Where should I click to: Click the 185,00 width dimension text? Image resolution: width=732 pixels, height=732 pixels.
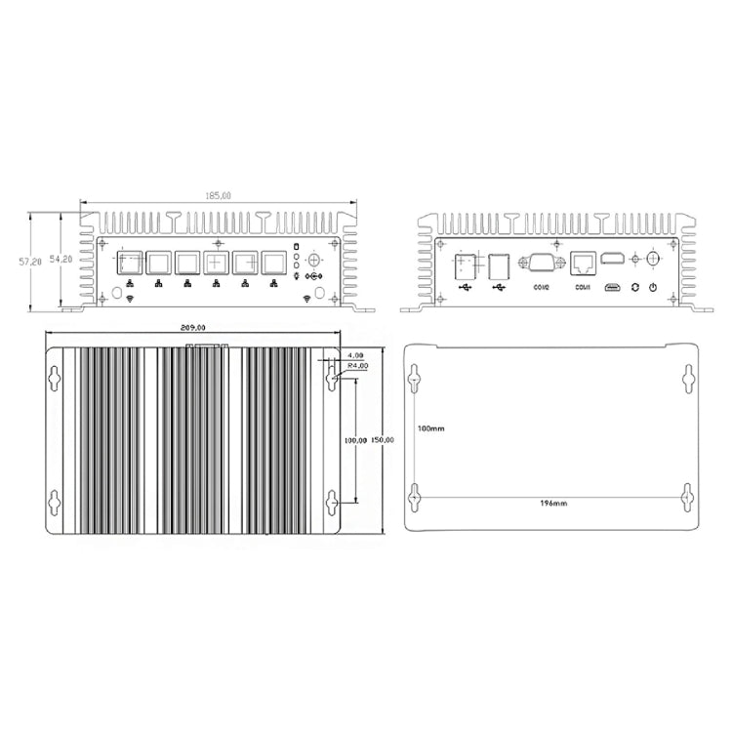pyautogui.click(x=218, y=197)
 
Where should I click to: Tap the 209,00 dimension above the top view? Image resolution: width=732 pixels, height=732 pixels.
pyautogui.click(x=194, y=328)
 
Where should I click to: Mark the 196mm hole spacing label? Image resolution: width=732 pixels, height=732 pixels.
pyautogui.click(x=551, y=504)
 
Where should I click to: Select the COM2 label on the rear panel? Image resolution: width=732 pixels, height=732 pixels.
pyautogui.click(x=542, y=288)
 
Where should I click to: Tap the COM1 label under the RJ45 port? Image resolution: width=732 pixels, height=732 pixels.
pyautogui.click(x=583, y=288)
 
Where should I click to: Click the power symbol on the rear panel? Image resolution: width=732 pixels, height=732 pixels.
pyautogui.click(x=651, y=287)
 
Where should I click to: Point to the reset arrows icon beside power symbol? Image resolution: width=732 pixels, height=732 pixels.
pyautogui.click(x=634, y=287)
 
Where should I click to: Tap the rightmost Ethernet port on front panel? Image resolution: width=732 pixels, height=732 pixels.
pyautogui.click(x=274, y=264)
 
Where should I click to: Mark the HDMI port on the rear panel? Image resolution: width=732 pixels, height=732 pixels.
pyautogui.click(x=615, y=259)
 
